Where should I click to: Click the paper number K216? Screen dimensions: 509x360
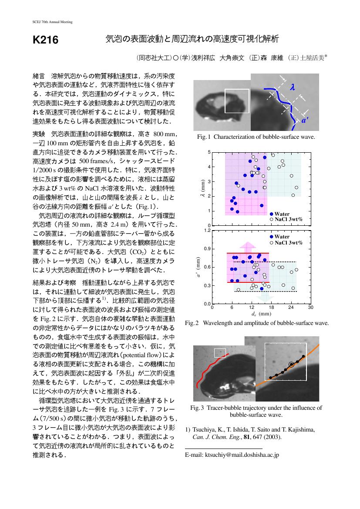45,40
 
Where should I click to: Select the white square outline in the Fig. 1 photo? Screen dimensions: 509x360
237,101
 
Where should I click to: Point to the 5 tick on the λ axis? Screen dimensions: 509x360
209,152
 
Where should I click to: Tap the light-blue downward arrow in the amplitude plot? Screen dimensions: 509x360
263,297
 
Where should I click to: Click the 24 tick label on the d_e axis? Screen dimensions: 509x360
291,308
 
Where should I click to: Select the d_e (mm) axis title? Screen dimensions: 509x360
261,314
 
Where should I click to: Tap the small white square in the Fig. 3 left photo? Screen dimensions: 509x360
220,352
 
